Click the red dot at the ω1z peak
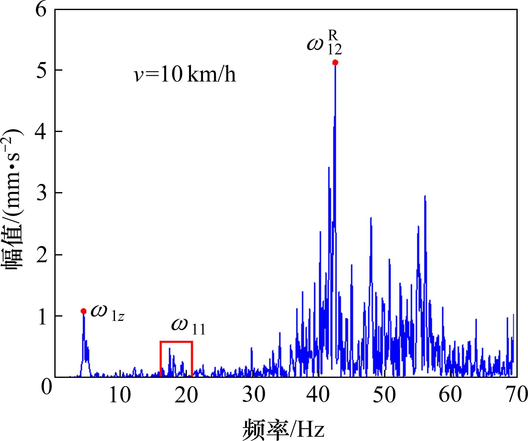(x=84, y=311)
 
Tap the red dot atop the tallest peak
(x=335, y=62)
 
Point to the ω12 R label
(x=324, y=44)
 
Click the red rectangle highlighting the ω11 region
(x=176, y=342)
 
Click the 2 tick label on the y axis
(x=42, y=254)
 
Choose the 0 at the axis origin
(x=47, y=387)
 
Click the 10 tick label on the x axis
(x=120, y=395)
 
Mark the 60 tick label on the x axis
(x=450, y=395)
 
